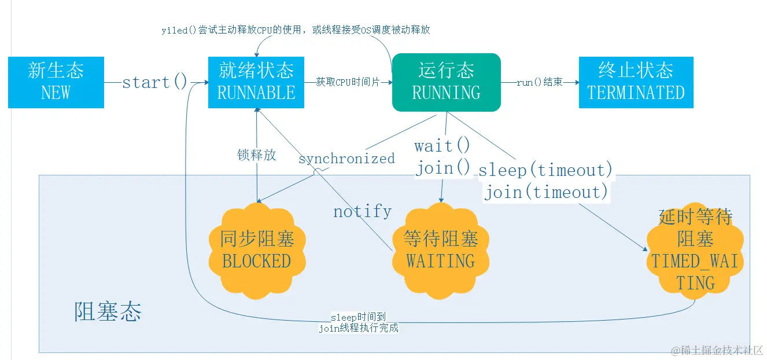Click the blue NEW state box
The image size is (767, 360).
point(56,82)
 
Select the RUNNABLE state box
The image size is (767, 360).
point(256,82)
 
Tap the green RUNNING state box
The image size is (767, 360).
point(446,82)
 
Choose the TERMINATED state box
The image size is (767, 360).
point(636,82)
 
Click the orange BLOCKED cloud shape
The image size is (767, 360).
point(256,250)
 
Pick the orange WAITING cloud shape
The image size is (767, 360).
point(440,250)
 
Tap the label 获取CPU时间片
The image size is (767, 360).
point(348,82)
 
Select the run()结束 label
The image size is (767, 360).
point(540,82)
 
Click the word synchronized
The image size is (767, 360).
point(346,159)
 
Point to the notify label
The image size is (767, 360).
point(362,211)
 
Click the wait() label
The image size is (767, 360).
point(443,145)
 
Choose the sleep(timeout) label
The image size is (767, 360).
point(545,170)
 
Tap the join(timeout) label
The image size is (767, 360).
point(546,192)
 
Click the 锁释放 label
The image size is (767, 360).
point(257,155)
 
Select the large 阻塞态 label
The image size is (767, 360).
point(108,311)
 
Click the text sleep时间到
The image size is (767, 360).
point(358,318)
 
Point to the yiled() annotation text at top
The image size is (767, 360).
point(296,30)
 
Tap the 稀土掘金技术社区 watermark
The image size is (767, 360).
point(717,350)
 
